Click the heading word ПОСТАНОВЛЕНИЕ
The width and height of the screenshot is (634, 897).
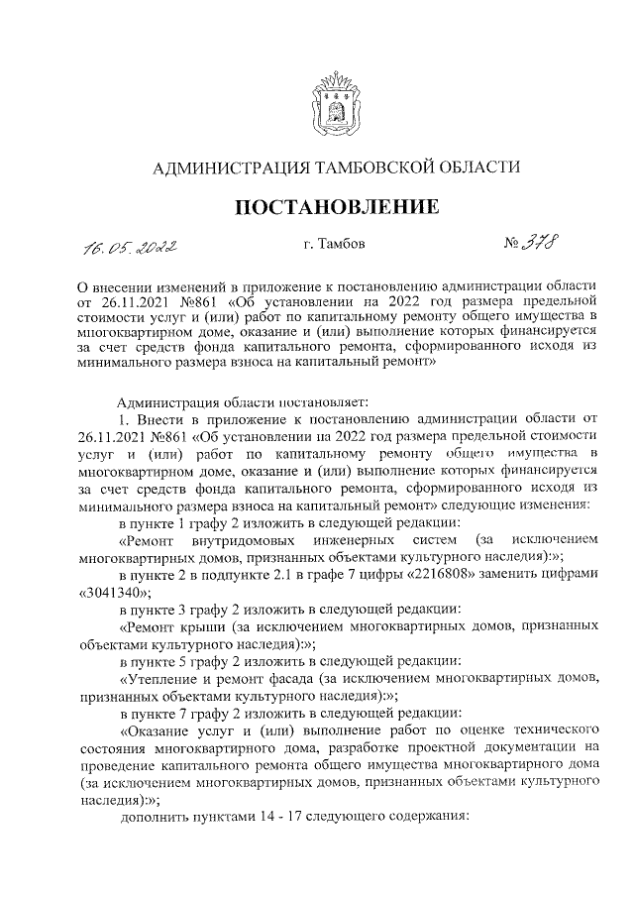[336, 207]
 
